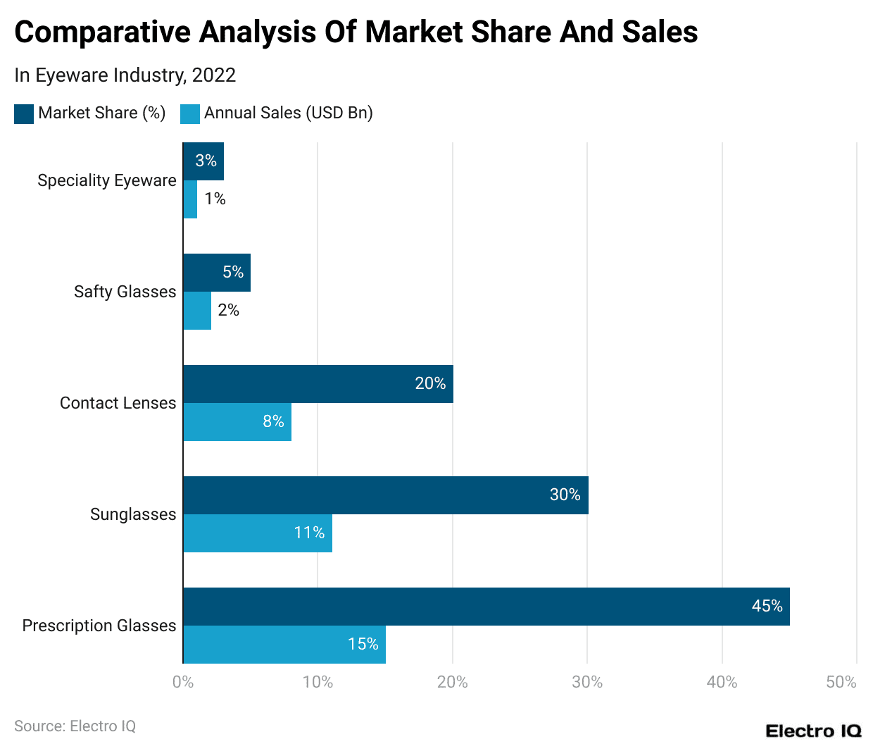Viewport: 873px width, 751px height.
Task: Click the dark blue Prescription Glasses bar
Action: click(x=486, y=607)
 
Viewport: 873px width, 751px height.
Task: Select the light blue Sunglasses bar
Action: click(x=258, y=533)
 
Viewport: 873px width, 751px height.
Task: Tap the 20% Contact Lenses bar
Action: click(x=318, y=384)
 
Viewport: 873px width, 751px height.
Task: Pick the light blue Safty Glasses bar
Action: click(x=197, y=311)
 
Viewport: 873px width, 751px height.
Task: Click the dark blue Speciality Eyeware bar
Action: click(x=203, y=161)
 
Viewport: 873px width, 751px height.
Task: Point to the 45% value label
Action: click(x=767, y=606)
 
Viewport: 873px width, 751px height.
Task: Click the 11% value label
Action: click(x=309, y=533)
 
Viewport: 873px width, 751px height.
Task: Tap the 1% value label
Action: click(x=215, y=199)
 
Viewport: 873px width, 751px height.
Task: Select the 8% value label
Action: click(x=273, y=421)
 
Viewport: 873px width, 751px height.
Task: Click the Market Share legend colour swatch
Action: click(x=24, y=114)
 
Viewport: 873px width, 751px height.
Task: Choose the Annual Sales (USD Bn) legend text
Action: click(x=288, y=113)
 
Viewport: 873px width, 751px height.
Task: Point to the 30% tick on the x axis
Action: click(x=587, y=682)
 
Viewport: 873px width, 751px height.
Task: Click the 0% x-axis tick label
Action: click(x=183, y=682)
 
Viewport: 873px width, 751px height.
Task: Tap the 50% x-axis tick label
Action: click(x=841, y=682)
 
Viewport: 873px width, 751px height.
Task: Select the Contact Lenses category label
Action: click(x=118, y=403)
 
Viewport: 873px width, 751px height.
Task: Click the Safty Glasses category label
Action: click(x=125, y=292)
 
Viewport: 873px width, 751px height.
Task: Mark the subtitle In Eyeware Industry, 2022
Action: click(x=125, y=75)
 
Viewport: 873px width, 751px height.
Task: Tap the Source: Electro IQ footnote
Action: click(x=75, y=726)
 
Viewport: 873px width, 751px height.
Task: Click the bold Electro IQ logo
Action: click(x=813, y=731)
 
